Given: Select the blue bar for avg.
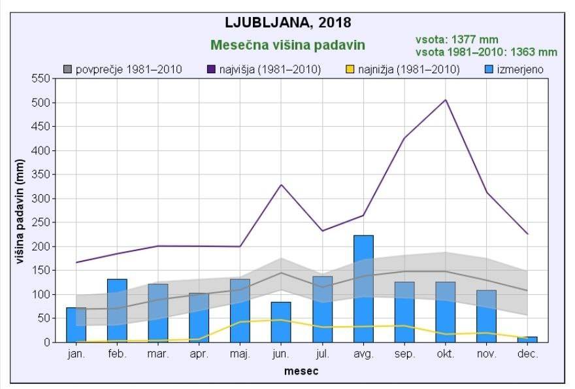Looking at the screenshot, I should (363, 288).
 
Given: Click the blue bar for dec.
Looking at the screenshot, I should (527, 339).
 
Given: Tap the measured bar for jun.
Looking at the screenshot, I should (281, 322).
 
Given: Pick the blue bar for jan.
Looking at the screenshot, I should (76, 325).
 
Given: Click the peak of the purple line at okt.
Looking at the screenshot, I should (446, 100).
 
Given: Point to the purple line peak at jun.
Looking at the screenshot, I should (281, 185).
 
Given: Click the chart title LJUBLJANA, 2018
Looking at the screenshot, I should (287, 22).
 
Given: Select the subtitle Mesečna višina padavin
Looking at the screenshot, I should (287, 45).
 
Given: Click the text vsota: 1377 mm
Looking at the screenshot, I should (452, 40).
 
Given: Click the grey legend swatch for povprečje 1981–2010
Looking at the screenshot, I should (68, 69).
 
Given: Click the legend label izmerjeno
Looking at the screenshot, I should (519, 69).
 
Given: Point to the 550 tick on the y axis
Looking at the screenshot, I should (41, 78).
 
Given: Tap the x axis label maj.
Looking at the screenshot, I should (240, 355).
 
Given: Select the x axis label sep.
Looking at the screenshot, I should (404, 355).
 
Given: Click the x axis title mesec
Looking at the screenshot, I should (301, 371).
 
